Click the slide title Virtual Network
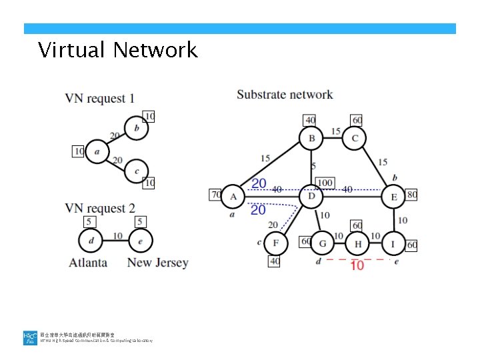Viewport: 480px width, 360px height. click(118, 50)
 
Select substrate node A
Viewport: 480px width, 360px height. click(233, 197)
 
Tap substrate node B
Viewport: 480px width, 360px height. click(311, 139)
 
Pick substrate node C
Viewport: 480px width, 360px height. click(355, 139)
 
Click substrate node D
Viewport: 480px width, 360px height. click(311, 197)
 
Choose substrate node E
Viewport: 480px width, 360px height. click(393, 197)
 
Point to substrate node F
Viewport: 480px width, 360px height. click(276, 244)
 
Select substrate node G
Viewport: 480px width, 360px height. click(323, 244)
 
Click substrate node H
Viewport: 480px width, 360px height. click(358, 244)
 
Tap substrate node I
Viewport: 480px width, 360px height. click(393, 244)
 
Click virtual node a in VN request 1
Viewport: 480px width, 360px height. click(97, 151)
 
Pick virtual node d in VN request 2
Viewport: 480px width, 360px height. click(90, 239)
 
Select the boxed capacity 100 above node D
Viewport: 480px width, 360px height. click(325, 183)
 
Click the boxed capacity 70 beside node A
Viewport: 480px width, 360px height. click(215, 195)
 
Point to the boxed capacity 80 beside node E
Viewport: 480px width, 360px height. click(411, 195)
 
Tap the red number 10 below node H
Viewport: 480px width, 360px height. click(357, 265)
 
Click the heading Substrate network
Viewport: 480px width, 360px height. click(285, 94)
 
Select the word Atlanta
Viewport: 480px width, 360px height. click(88, 263)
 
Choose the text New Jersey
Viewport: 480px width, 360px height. click(157, 263)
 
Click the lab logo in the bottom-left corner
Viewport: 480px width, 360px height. click(30, 338)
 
